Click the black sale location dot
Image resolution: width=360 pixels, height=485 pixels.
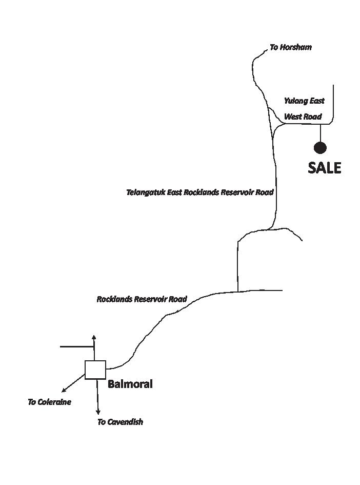pos(320,148)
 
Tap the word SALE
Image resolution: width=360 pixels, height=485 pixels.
pos(324,168)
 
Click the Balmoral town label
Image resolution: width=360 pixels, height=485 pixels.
pos(130,384)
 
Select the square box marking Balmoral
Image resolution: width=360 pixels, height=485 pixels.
pos(95,370)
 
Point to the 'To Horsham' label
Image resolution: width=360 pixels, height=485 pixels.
pos(290,47)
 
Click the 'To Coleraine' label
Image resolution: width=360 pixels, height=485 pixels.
pos(49,402)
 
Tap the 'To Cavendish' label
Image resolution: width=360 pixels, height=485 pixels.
pos(120,422)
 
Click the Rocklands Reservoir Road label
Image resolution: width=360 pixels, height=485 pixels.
pos(142,299)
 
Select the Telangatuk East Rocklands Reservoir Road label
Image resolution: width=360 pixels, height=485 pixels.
pos(199,192)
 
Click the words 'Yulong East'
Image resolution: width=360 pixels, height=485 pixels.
pos(304,101)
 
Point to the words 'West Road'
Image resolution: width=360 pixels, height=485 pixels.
pos(303,117)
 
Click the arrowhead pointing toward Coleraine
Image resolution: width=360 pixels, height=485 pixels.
pos(64,391)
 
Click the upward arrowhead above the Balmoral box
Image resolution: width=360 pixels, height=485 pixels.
pos(93,337)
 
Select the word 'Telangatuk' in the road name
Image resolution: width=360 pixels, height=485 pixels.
pos(146,192)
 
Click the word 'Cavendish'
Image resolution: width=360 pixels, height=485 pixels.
pos(126,422)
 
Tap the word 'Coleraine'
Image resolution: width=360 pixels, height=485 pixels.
pos(55,402)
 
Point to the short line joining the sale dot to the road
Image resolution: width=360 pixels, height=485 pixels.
pos(320,133)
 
